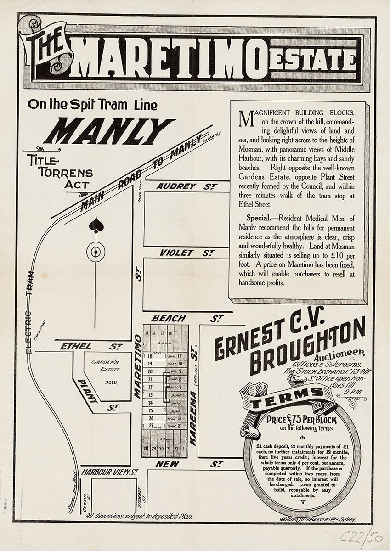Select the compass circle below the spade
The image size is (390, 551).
pyautogui.click(x=96, y=252)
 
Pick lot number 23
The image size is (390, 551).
pyautogui.click(x=150, y=395)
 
